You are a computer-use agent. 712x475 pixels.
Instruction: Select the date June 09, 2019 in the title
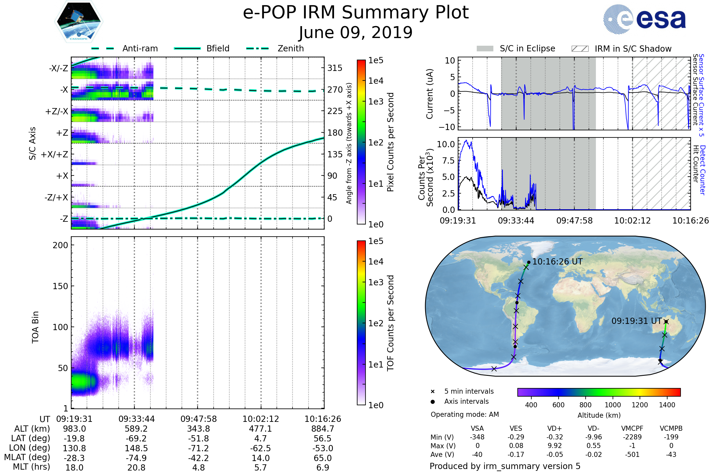click(x=356, y=32)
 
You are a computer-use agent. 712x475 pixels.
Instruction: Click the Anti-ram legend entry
click(x=140, y=48)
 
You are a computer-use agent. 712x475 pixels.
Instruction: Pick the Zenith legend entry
click(x=291, y=48)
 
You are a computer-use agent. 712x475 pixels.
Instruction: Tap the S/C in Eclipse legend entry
click(x=527, y=48)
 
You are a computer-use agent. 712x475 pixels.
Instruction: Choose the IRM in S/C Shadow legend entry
click(x=633, y=49)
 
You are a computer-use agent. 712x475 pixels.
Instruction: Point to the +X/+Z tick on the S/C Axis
click(x=55, y=154)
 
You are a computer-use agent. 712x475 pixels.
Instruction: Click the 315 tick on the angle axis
click(x=335, y=68)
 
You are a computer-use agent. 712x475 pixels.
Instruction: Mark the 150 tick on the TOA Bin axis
click(x=60, y=286)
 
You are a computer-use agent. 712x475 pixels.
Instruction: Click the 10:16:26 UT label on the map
click(x=557, y=262)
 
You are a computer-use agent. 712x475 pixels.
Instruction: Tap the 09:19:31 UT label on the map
click(x=636, y=321)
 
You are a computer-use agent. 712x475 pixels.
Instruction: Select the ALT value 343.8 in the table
click(x=198, y=429)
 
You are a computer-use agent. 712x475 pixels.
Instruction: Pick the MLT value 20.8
click(x=136, y=467)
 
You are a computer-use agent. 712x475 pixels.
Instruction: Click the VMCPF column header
click(x=632, y=428)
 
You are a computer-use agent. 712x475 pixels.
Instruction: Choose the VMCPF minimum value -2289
click(x=632, y=437)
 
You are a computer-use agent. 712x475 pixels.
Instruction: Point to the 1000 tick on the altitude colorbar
click(x=612, y=405)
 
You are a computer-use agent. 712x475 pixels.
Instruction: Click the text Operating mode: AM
click(x=465, y=414)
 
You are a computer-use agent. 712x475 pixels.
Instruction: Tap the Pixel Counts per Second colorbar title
click(x=390, y=142)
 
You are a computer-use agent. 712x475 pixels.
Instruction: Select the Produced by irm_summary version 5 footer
click(x=505, y=466)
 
